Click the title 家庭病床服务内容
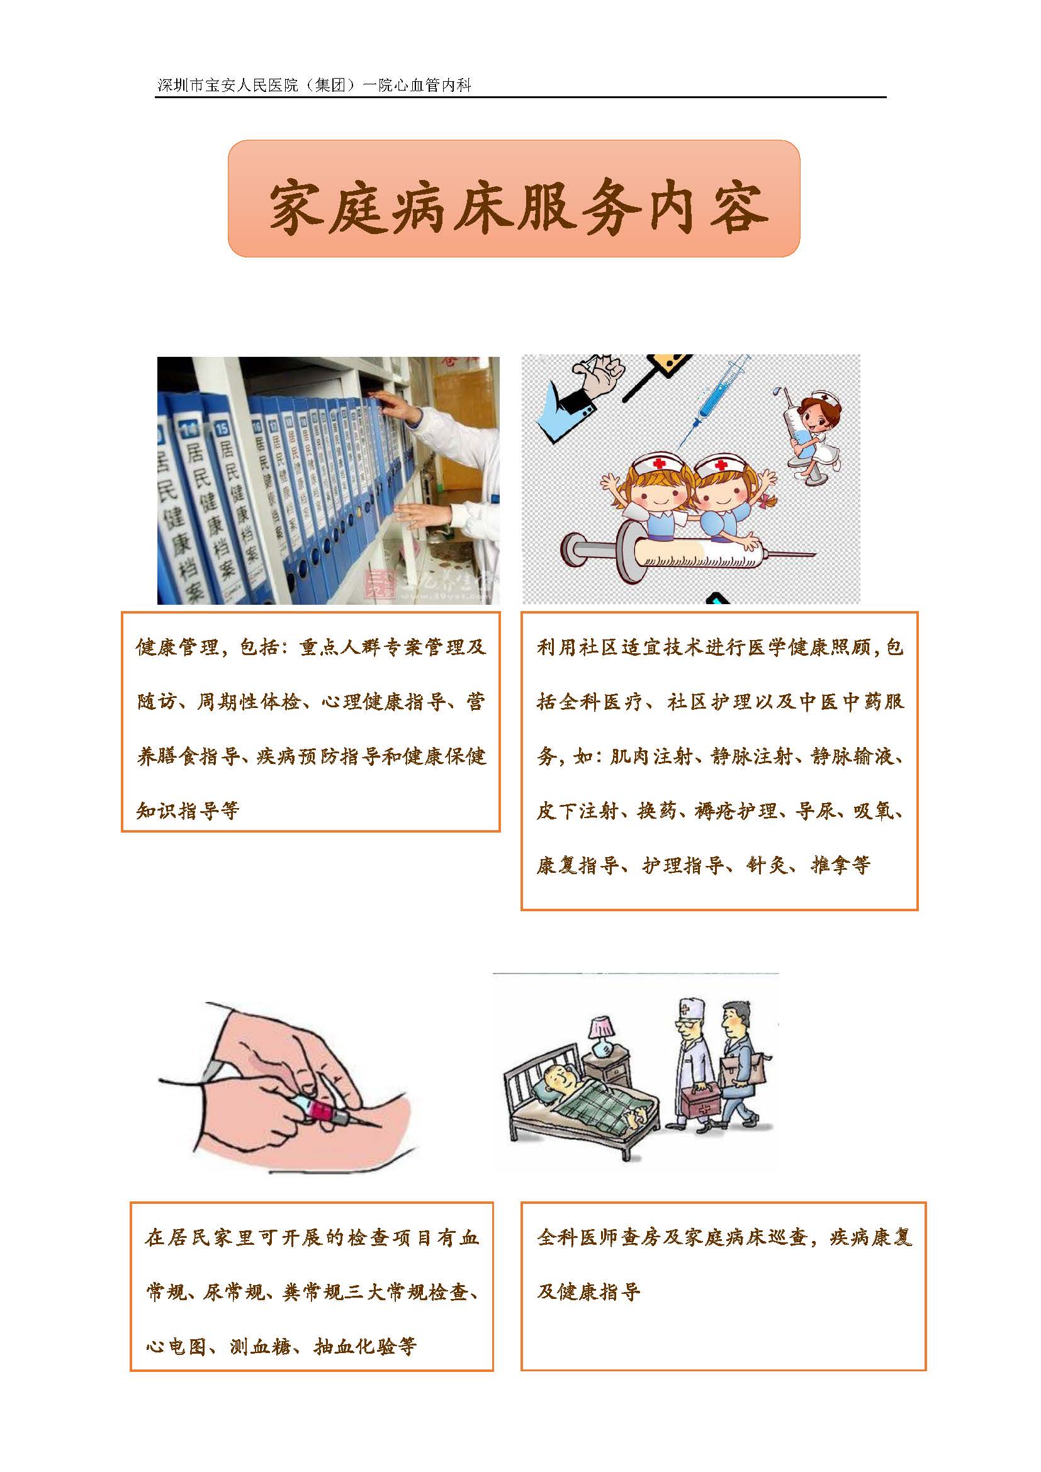[517, 206]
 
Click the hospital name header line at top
[315, 85]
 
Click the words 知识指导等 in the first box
[188, 811]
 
